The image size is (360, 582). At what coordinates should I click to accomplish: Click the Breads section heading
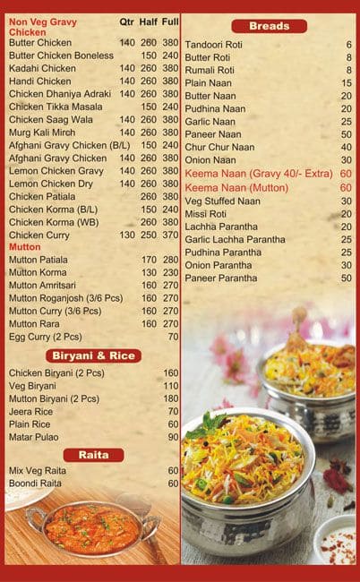[269, 26]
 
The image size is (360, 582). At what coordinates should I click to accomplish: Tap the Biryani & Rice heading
[91, 355]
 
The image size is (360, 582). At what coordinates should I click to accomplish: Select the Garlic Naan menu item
[211, 122]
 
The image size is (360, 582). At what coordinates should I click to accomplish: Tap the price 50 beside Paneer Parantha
[346, 278]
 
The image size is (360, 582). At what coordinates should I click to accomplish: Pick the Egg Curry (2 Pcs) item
[45, 337]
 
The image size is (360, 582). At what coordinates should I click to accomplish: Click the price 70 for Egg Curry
[172, 337]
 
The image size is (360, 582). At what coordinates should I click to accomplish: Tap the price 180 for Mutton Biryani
[170, 398]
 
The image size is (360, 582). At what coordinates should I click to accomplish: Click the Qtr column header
[126, 21]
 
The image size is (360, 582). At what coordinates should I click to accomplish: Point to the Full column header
[170, 21]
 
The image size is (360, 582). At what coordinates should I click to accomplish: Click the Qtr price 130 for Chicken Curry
[126, 235]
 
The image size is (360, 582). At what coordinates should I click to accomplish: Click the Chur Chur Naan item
[221, 148]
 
